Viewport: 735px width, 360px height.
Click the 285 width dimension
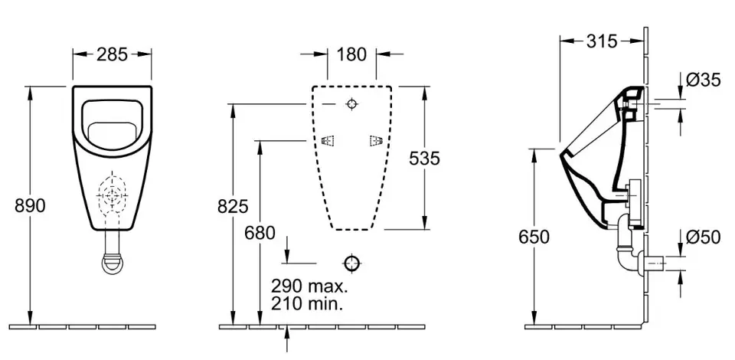point(112,54)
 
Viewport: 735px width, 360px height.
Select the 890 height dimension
point(30,205)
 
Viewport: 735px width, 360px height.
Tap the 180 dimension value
point(351,54)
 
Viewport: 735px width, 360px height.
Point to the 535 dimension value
point(425,159)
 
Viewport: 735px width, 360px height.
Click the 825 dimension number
point(233,206)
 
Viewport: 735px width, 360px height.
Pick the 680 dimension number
point(260,233)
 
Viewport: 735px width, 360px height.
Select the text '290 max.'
point(309,286)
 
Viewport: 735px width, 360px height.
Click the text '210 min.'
point(306,304)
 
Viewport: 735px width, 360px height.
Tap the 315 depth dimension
point(602,41)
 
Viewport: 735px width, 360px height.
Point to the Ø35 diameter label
point(703,80)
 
